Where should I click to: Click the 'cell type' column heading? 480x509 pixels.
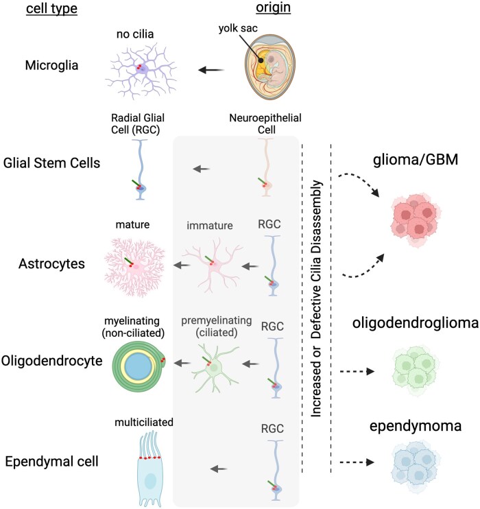pyautogui.click(x=51, y=8)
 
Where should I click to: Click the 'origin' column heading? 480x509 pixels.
pyautogui.click(x=273, y=8)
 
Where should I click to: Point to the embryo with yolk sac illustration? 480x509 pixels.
pyautogui.click(x=269, y=67)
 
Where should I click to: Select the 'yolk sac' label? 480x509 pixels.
pyautogui.click(x=238, y=28)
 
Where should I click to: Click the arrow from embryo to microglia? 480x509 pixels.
pyautogui.click(x=211, y=70)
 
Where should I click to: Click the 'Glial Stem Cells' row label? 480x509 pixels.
pyautogui.click(x=51, y=163)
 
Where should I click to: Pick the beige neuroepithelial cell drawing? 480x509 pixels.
pyautogui.click(x=266, y=167)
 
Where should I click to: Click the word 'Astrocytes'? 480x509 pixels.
pyautogui.click(x=51, y=263)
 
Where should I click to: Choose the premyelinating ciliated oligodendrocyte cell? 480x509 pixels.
pyautogui.click(x=214, y=368)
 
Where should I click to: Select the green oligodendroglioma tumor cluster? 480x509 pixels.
pyautogui.click(x=416, y=370)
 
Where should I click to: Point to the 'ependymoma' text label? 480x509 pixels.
pyautogui.click(x=416, y=426)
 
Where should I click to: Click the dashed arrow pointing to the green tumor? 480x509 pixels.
pyautogui.click(x=357, y=371)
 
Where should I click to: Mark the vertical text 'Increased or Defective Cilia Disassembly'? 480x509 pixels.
pyautogui.click(x=316, y=298)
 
